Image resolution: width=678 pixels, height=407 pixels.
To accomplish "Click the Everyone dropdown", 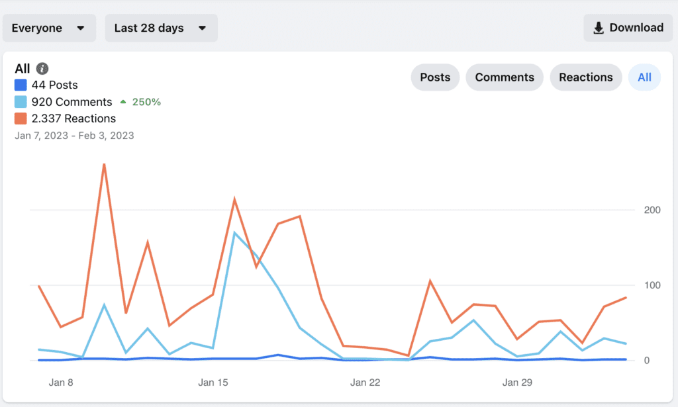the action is pyautogui.click(x=49, y=28).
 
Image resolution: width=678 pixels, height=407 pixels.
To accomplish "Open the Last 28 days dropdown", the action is pyautogui.click(x=162, y=28).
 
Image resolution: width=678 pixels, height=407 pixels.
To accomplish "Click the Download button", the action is pyautogui.click(x=628, y=28).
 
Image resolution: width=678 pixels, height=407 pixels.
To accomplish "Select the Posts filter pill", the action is pyautogui.click(x=435, y=77).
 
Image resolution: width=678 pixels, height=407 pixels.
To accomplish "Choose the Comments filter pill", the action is pyautogui.click(x=505, y=77).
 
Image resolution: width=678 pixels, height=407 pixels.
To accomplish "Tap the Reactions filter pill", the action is pyautogui.click(x=586, y=77).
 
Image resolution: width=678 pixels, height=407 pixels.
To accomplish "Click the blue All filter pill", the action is pyautogui.click(x=644, y=77).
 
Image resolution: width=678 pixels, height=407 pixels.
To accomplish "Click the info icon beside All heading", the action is pyautogui.click(x=42, y=68).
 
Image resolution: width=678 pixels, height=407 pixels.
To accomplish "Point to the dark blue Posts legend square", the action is pyautogui.click(x=21, y=85).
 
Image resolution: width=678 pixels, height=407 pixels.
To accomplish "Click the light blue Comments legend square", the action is pyautogui.click(x=21, y=101).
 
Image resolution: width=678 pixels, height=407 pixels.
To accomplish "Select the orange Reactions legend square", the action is pyautogui.click(x=21, y=118).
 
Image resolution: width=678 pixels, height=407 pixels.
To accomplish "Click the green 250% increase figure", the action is pyautogui.click(x=146, y=102).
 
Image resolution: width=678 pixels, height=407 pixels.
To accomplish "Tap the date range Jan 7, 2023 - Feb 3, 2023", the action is pyautogui.click(x=74, y=136).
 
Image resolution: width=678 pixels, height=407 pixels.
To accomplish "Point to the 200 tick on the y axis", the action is pyautogui.click(x=652, y=210).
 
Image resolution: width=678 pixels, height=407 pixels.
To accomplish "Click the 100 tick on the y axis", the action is pyautogui.click(x=652, y=285).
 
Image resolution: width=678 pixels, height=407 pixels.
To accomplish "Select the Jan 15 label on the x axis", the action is pyautogui.click(x=213, y=383).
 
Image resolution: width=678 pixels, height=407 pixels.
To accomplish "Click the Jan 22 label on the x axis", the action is pyautogui.click(x=365, y=383).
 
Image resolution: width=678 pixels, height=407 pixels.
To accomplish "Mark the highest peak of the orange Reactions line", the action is pyautogui.click(x=104, y=165).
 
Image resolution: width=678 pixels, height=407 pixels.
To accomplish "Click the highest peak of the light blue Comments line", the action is pyautogui.click(x=234, y=233).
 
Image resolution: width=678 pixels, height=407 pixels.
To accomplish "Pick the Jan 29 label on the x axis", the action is pyautogui.click(x=517, y=383).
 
